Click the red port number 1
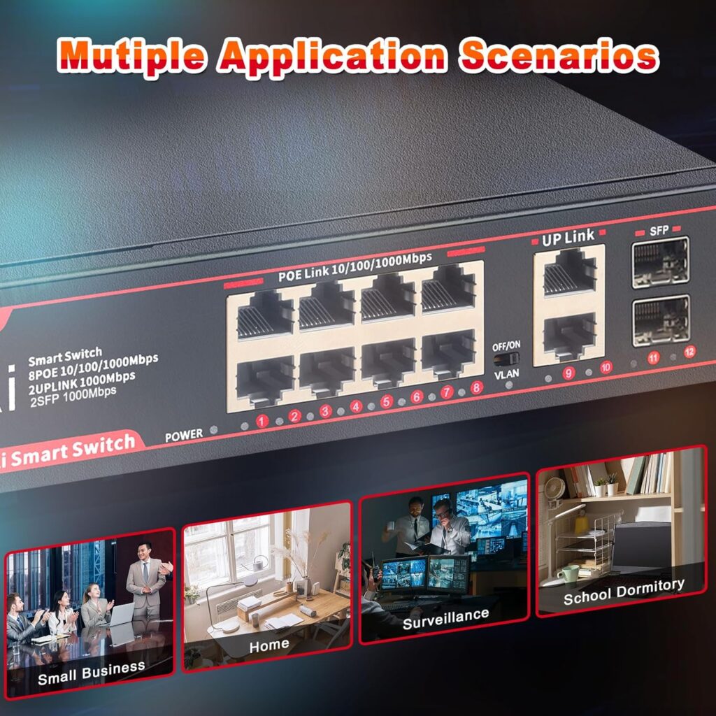(262, 421)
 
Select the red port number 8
(477, 387)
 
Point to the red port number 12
(689, 352)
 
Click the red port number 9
(568, 373)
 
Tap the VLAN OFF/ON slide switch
(506, 359)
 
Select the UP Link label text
(568, 238)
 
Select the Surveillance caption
(445, 618)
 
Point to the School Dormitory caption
(624, 591)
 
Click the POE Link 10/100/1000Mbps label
(355, 266)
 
